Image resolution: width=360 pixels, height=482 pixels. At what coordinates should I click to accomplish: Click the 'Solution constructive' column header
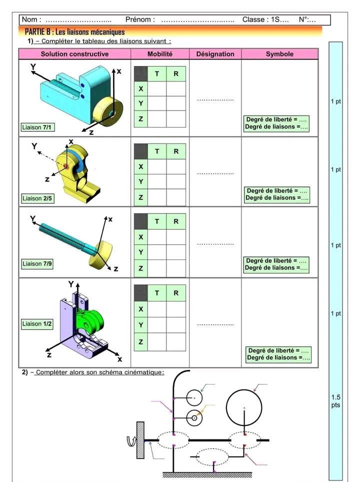pos(74,54)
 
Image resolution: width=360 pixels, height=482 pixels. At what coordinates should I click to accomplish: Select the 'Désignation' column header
pos(215,54)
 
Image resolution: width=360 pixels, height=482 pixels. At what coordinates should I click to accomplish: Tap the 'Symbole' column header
pos(279,54)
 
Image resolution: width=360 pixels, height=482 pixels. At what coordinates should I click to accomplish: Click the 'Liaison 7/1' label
pos(38,127)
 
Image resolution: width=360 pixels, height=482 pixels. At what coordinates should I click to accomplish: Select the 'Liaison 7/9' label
pos(37,263)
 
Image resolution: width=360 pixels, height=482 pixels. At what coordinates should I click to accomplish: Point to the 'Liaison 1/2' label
pos(37,324)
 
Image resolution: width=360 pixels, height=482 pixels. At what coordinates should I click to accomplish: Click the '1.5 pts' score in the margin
pos(335,401)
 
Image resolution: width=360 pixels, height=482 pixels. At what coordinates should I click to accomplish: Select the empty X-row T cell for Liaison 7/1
pos(157,88)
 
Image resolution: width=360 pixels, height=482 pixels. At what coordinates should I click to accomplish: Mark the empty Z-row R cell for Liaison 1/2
pos(176,342)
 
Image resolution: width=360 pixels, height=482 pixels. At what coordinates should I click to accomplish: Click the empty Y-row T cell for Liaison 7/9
pos(157,252)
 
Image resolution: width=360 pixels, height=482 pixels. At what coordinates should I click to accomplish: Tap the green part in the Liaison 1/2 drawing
pos(93,320)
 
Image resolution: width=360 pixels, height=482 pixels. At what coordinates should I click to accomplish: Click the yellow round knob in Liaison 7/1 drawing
pos(109,112)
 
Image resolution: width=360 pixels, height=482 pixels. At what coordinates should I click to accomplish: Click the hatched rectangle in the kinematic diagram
pos(140,440)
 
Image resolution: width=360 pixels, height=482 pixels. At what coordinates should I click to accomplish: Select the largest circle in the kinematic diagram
pos(244,407)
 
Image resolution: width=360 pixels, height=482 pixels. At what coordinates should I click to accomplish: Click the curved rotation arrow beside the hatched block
pos(131,440)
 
